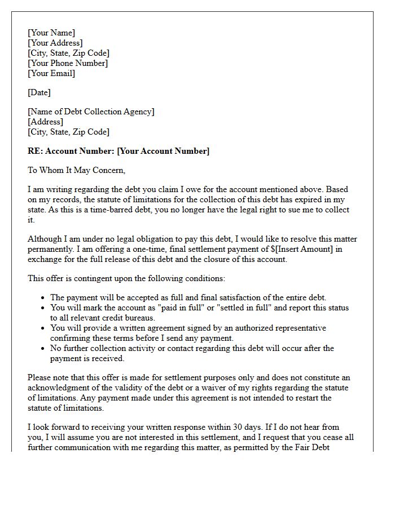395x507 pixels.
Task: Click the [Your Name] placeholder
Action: (51, 33)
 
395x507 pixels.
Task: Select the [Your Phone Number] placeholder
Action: (68, 63)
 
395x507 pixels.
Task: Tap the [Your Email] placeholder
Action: (51, 73)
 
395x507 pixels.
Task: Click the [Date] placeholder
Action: (39, 92)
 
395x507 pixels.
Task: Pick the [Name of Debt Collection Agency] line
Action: (91, 112)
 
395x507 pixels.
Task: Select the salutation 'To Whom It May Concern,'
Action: (77, 170)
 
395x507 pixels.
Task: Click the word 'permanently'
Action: (54, 249)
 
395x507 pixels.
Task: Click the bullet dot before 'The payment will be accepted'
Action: (43, 298)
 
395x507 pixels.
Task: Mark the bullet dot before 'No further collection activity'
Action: (43, 349)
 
